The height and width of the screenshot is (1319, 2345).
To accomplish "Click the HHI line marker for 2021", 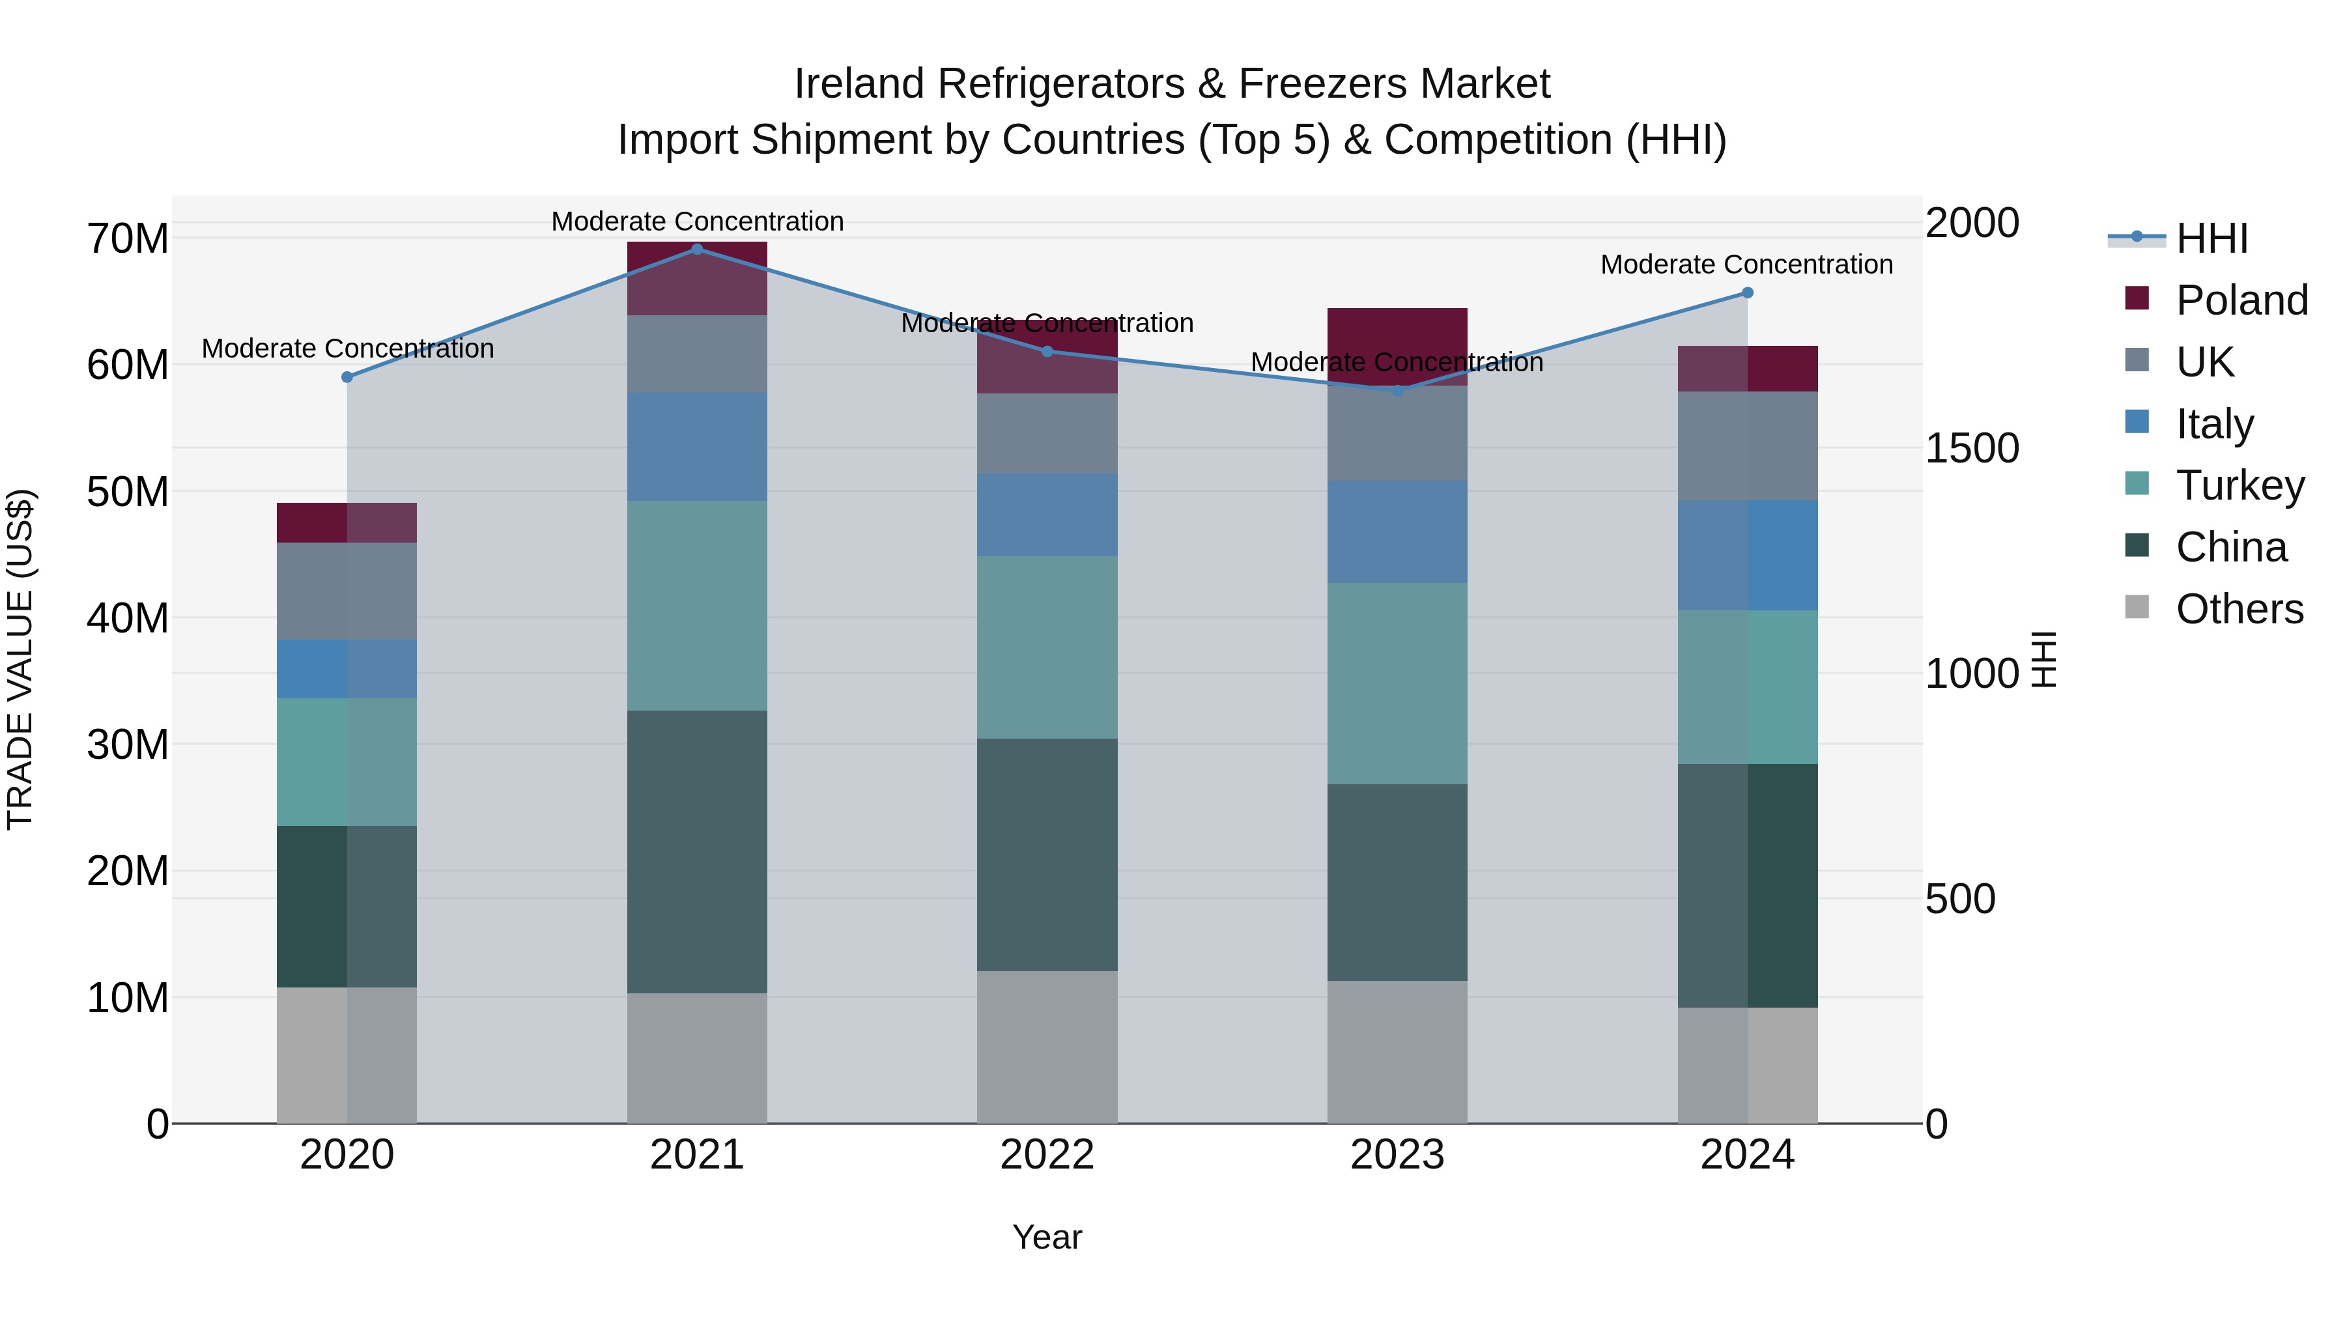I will [x=697, y=249].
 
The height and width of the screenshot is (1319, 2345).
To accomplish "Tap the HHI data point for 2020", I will [x=347, y=377].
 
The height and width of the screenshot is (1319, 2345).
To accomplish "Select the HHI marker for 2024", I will [x=1747, y=293].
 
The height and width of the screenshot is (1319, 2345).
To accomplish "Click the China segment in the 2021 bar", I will [x=697, y=851].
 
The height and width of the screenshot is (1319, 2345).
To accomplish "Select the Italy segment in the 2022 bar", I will [x=1047, y=515].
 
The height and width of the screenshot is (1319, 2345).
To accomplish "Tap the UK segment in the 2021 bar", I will [x=697, y=354].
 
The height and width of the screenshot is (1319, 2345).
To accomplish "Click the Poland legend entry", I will [x=2241, y=300].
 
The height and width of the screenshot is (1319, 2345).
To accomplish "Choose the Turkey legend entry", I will [x=2239, y=485].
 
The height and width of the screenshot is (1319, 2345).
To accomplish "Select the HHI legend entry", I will [x=2211, y=238].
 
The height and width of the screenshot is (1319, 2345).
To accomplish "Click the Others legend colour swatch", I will [x=2137, y=607].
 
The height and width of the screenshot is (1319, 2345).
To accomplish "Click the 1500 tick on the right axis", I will [x=1972, y=448].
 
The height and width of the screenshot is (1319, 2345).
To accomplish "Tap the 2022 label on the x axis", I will [x=1047, y=1155].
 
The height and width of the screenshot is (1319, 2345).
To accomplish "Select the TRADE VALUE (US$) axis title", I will [x=20, y=659].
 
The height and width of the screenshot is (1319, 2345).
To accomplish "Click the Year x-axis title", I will [x=1047, y=1237].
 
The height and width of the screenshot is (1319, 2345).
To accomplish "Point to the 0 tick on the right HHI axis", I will [x=1937, y=1124].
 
